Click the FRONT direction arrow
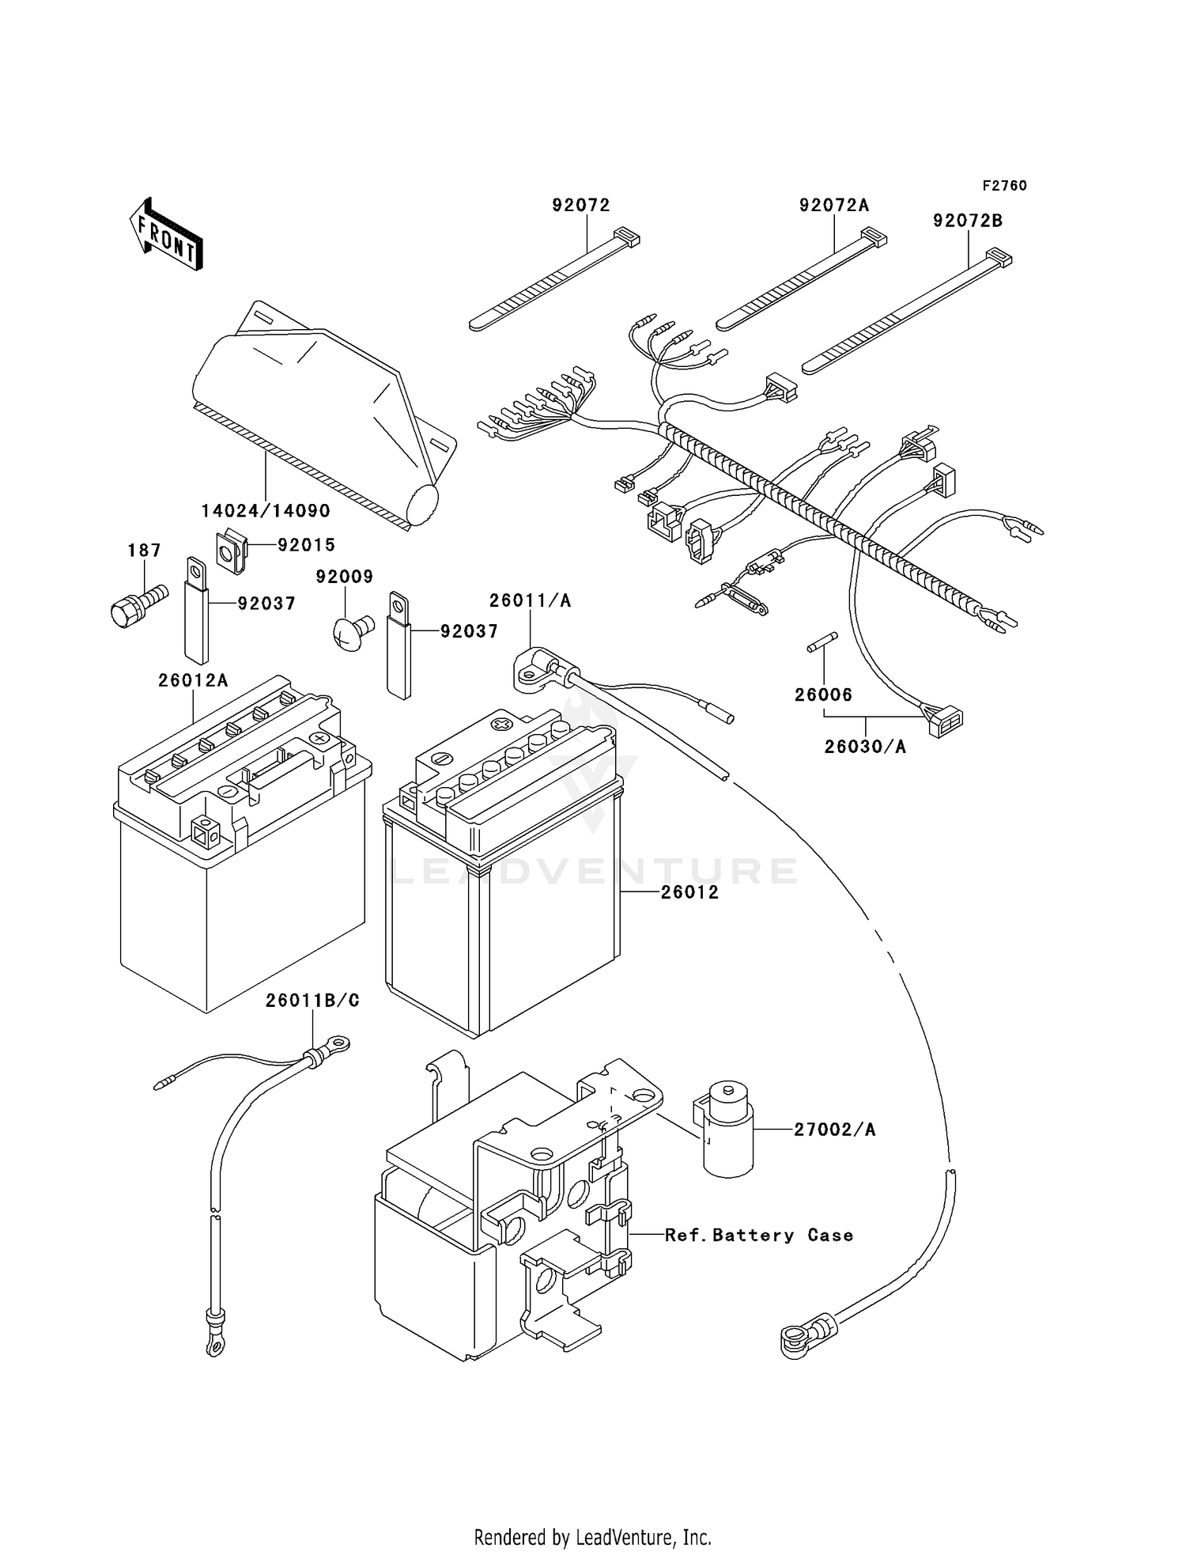click(x=165, y=236)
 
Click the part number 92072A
click(x=833, y=206)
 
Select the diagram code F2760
click(x=1004, y=186)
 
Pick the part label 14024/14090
click(x=266, y=511)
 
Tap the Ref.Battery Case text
click(x=759, y=1236)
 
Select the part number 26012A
click(x=193, y=680)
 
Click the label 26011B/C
click(x=312, y=1001)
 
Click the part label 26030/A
click(x=865, y=746)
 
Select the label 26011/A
click(x=530, y=600)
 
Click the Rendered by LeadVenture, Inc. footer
click(x=592, y=1536)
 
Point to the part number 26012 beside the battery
click(x=689, y=892)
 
